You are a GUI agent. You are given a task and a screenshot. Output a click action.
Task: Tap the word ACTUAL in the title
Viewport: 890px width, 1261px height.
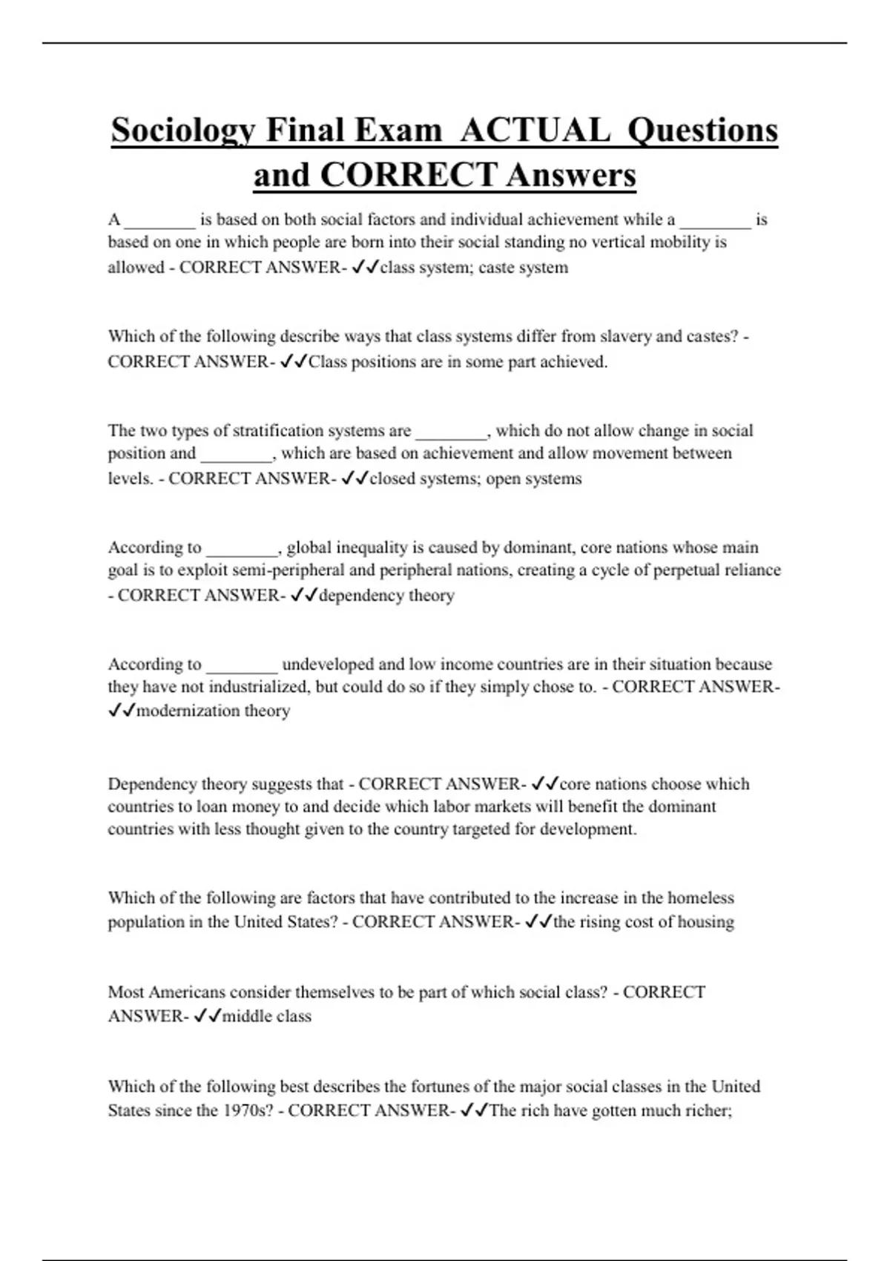pos(535,131)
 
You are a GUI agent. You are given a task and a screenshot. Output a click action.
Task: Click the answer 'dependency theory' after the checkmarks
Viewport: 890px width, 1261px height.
pos(386,596)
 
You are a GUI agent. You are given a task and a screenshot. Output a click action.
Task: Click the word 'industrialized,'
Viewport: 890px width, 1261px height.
pos(260,687)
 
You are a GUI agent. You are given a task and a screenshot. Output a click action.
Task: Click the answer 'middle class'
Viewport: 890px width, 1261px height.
pos(266,1016)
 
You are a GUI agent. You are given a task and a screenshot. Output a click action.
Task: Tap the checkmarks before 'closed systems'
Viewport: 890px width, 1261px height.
pos(355,479)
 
